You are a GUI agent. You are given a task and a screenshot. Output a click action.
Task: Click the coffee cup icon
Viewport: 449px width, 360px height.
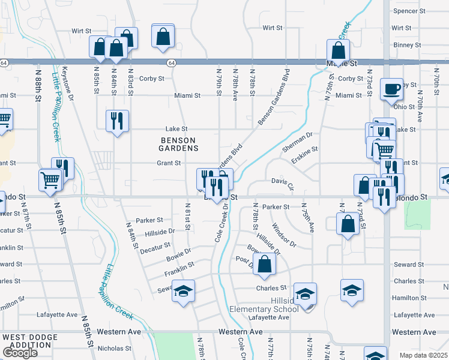click(391, 89)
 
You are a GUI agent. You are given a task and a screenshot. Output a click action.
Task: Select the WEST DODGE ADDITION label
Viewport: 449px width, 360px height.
click(27, 341)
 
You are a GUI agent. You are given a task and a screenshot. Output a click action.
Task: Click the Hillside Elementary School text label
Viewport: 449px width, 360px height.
click(264, 305)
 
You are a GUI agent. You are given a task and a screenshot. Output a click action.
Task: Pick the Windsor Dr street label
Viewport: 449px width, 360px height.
click(284, 235)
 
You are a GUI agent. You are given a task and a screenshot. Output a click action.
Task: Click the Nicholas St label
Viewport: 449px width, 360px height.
click(114, 348)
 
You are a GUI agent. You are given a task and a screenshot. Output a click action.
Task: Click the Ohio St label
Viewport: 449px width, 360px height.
click(411, 106)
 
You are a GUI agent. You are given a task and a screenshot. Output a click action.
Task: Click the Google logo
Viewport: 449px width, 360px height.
click(20, 353)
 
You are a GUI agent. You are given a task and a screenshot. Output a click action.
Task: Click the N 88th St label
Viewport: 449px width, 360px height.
click(38, 85)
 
